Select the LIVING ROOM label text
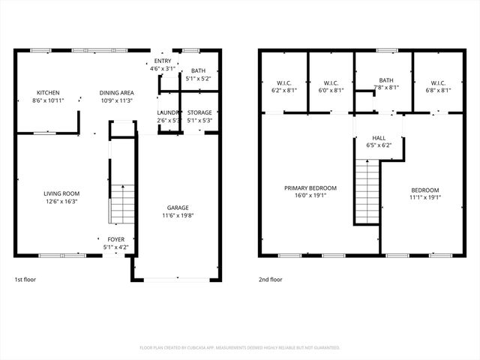pyautogui.click(x=62, y=193)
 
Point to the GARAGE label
pyautogui.click(x=178, y=208)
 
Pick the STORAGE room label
pyautogui.click(x=199, y=112)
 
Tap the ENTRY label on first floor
pyautogui.click(x=163, y=61)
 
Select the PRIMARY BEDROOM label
pyautogui.click(x=310, y=188)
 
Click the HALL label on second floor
pyautogui.click(x=379, y=138)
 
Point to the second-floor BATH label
pyautogui.click(x=385, y=80)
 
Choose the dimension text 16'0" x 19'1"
pyautogui.click(x=310, y=196)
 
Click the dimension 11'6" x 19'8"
pyautogui.click(x=178, y=216)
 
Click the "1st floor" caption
pyautogui.click(x=25, y=279)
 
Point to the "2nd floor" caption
pyautogui.click(x=271, y=279)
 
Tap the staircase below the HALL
pyautogui.click(x=367, y=192)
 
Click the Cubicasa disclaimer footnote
pyautogui.click(x=240, y=347)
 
